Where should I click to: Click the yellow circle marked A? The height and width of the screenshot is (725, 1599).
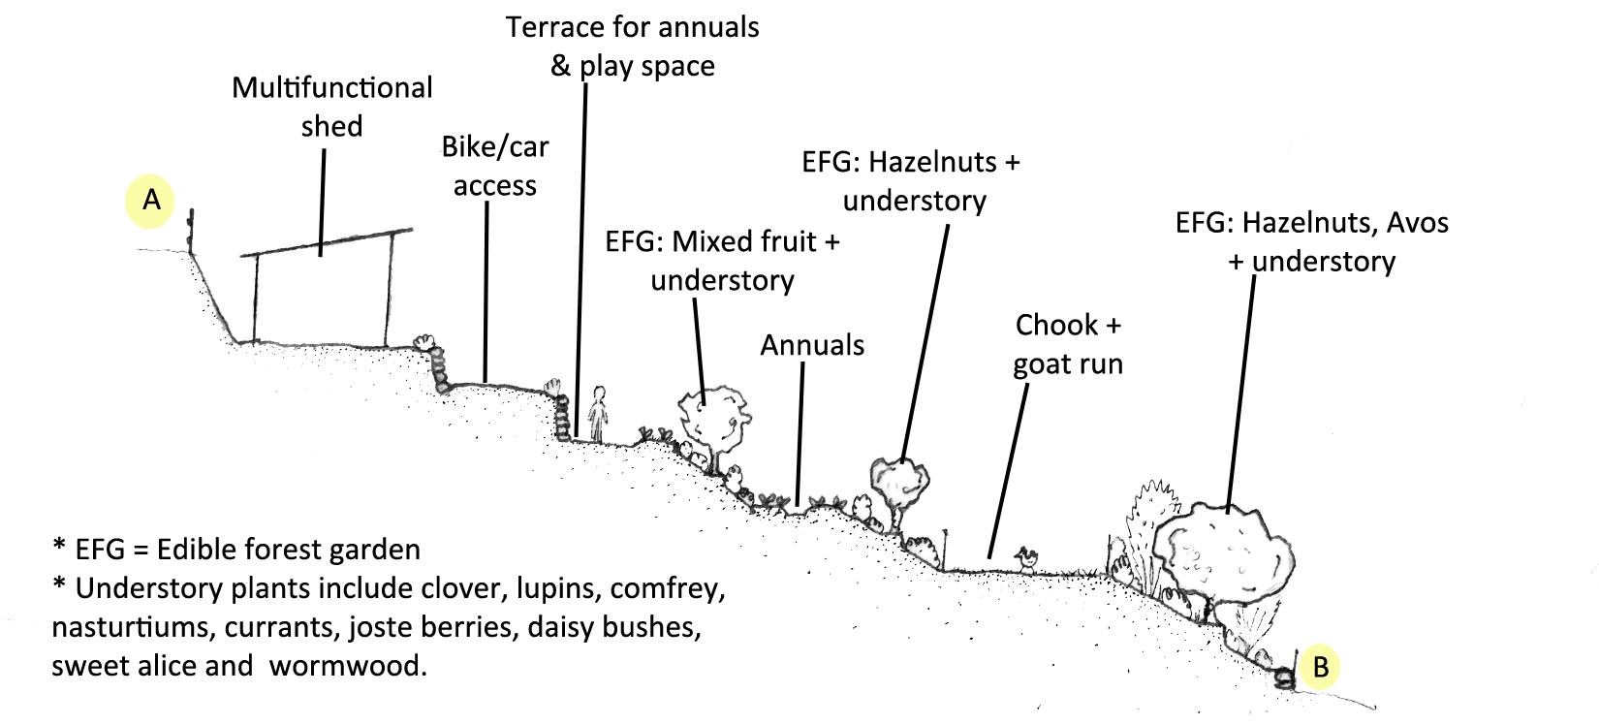click(x=151, y=201)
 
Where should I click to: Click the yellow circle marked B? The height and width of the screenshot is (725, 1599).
click(x=1320, y=667)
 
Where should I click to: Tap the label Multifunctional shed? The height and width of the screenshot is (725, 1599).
click(x=331, y=107)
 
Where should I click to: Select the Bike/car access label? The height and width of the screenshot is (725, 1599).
click(x=494, y=166)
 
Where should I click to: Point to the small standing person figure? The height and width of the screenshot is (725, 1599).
click(x=597, y=415)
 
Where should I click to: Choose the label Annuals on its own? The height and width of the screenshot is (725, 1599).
click(x=812, y=345)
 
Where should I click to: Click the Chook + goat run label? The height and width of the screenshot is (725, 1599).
click(x=1068, y=344)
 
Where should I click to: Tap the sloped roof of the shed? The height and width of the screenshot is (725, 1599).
click(x=328, y=242)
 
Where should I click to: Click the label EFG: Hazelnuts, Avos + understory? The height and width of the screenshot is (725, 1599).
click(x=1312, y=241)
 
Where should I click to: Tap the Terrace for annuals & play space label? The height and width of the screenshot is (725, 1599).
click(x=632, y=46)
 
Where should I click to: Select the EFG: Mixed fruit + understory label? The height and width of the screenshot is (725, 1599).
click(x=722, y=260)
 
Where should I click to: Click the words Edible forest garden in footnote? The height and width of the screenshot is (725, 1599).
click(x=289, y=550)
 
